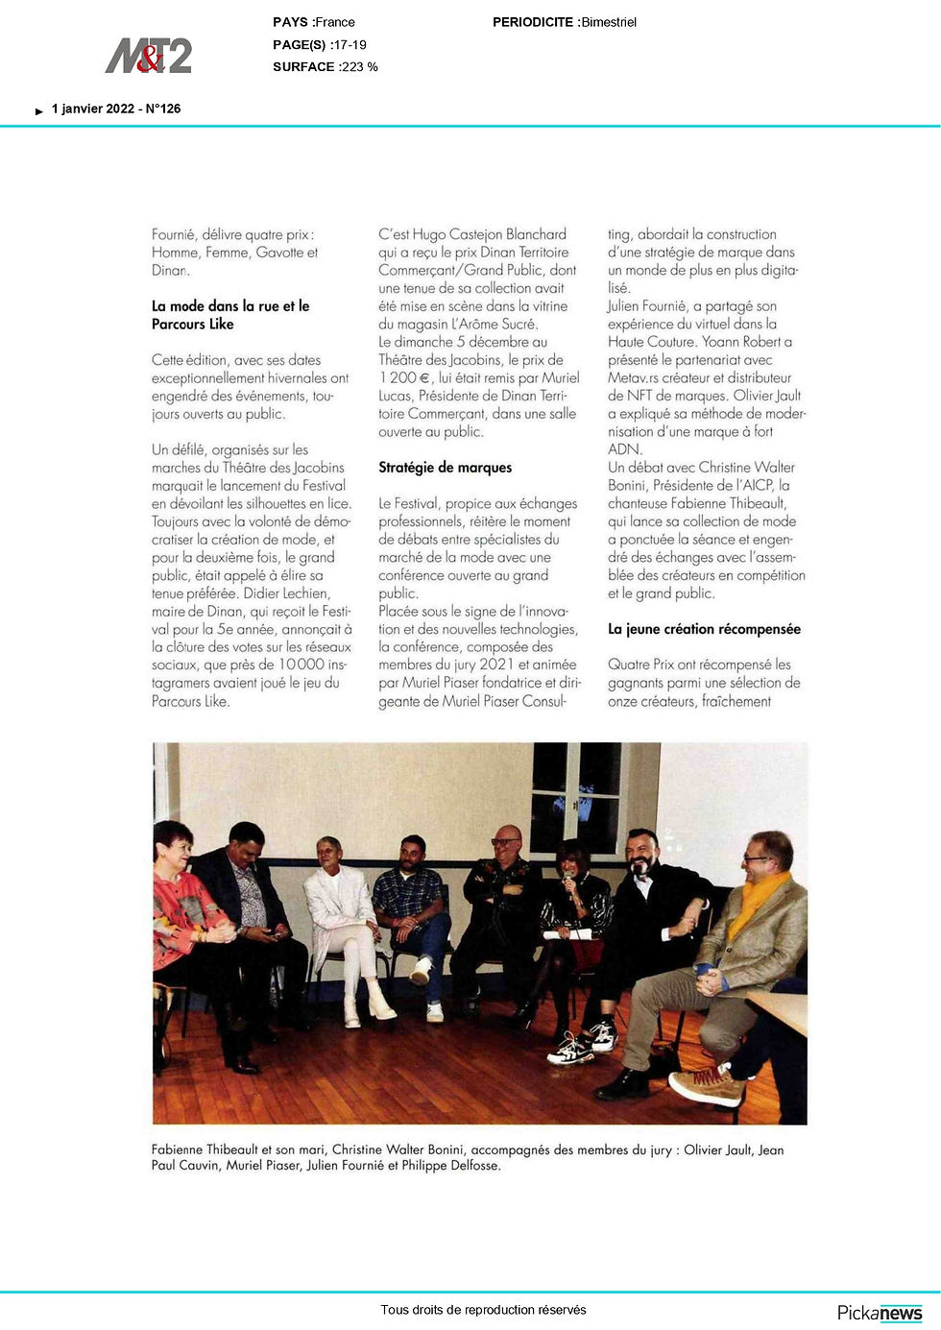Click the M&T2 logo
pos(149,56)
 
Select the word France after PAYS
pos(335,22)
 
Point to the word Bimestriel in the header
pos(609,22)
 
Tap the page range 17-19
pos(350,44)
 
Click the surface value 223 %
pos(360,66)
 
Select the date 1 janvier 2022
pos(93,109)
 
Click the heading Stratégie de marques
pos(445,468)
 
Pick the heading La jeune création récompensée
pos(704,629)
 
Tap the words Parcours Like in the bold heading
pos(193,324)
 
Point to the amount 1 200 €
pos(404,377)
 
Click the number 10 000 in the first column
pos(303,665)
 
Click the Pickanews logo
pos(880,1313)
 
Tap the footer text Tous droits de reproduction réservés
pos(483,1309)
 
